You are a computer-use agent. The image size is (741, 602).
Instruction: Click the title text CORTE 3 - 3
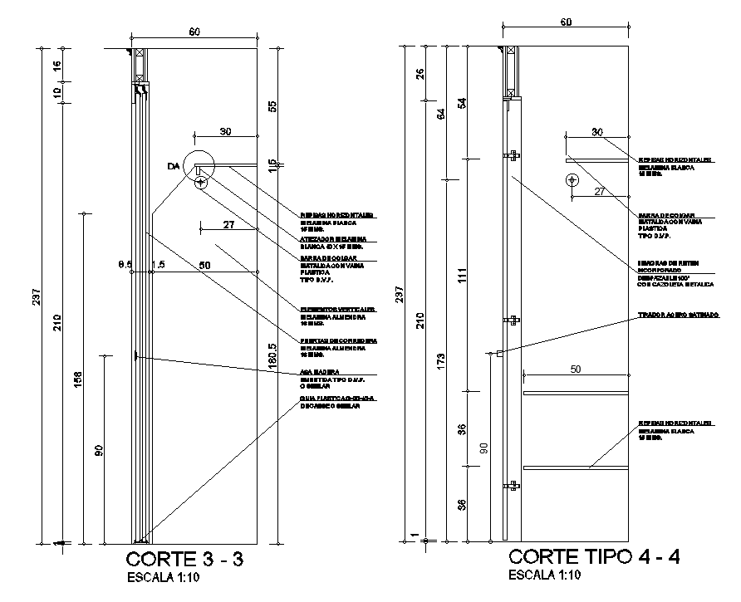[186, 558]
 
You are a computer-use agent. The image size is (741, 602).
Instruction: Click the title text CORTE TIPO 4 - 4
[594, 556]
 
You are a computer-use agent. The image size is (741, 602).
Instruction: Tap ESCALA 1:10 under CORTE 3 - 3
[163, 578]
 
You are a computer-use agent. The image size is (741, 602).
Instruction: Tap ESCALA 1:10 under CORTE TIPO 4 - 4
[544, 575]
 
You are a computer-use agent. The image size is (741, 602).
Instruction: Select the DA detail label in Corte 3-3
[173, 167]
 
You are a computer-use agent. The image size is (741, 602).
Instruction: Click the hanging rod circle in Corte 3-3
[200, 182]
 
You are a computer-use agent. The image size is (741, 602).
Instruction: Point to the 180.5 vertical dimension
[272, 358]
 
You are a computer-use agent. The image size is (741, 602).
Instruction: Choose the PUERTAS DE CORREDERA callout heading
[339, 340]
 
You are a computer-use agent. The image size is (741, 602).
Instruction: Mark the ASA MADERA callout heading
[319, 372]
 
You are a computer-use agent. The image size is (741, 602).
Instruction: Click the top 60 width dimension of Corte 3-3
[194, 32]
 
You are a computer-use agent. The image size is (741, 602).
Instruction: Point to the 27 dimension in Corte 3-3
[228, 225]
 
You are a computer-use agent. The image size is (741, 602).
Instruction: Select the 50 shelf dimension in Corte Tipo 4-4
[574, 368]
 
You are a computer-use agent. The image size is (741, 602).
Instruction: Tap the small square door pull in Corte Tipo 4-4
[500, 354]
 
